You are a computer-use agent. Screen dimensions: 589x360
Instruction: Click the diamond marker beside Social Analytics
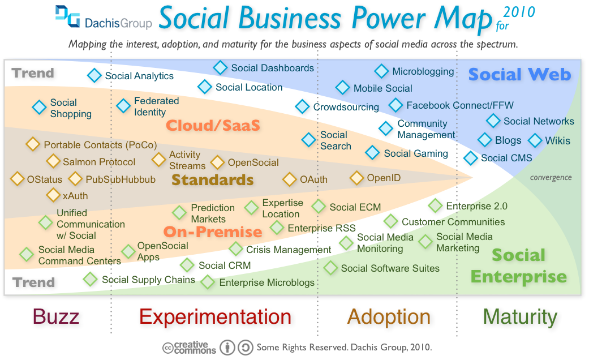(94, 75)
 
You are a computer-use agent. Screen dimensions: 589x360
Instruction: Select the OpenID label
(384, 178)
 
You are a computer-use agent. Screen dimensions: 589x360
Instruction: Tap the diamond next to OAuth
(290, 179)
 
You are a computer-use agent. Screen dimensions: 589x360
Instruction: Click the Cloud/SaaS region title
(213, 125)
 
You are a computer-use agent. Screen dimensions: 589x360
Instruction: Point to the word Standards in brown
(213, 179)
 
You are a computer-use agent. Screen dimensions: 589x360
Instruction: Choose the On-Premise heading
(213, 232)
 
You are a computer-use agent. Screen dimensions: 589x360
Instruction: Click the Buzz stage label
(56, 316)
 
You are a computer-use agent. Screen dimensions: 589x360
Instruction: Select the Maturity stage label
(521, 317)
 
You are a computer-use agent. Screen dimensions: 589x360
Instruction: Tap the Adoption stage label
(389, 317)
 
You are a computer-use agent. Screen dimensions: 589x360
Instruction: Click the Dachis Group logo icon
(68, 16)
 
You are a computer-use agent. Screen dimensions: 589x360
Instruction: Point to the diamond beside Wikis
(535, 140)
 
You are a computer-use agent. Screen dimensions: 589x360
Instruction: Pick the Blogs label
(508, 140)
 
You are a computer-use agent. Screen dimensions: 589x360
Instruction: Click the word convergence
(551, 177)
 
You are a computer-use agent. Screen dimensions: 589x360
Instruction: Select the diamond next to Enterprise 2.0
(435, 205)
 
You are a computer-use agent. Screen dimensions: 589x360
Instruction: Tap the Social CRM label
(225, 265)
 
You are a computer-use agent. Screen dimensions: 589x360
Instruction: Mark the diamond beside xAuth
(53, 195)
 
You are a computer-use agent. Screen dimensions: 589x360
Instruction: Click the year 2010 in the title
(519, 12)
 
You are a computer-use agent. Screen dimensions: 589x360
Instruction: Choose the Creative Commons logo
(190, 348)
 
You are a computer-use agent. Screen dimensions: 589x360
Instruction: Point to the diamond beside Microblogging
(382, 71)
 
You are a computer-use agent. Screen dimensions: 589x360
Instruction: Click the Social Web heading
(519, 74)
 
